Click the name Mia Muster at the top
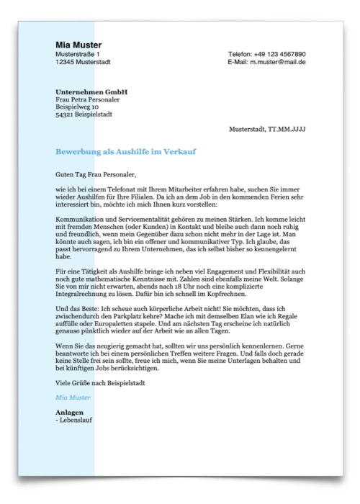[x=78, y=45]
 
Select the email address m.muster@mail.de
[x=278, y=62]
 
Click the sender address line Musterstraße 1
[x=78, y=54]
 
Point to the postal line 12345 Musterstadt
[x=83, y=62]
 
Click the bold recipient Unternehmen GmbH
[x=91, y=92]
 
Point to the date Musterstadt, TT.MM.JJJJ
[x=267, y=129]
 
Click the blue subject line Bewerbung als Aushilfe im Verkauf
[x=126, y=152]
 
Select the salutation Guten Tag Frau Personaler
[x=95, y=174]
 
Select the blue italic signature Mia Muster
[x=73, y=397]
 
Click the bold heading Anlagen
[x=69, y=413]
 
